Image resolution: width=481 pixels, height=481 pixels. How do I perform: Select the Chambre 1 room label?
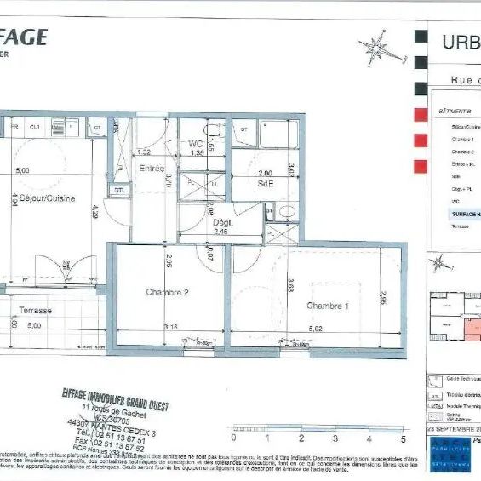point(328,306)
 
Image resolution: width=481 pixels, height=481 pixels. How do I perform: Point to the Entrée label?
point(152,169)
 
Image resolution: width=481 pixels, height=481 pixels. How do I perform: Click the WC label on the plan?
point(196,144)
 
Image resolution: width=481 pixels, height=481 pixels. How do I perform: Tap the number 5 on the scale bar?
point(403,439)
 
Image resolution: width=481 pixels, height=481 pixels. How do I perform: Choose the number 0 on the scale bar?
point(232,439)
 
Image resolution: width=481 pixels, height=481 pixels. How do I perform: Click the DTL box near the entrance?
point(121,190)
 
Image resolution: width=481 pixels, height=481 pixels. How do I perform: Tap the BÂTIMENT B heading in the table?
point(455,112)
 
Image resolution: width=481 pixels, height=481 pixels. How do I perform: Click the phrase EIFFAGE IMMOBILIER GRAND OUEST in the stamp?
point(114,399)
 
